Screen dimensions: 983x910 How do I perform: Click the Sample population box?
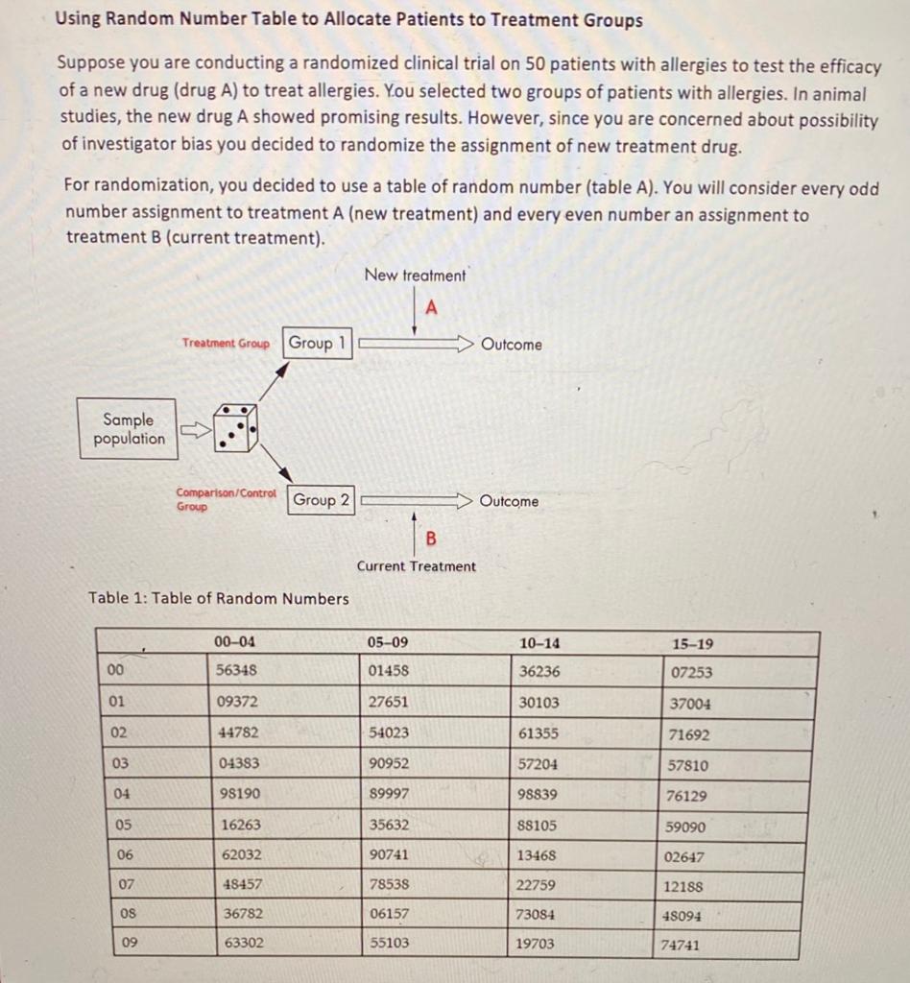click(128, 429)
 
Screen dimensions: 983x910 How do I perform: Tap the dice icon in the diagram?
click(235, 428)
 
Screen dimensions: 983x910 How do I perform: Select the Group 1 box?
click(317, 344)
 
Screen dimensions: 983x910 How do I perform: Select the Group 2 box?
click(321, 500)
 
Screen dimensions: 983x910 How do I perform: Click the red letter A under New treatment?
click(431, 308)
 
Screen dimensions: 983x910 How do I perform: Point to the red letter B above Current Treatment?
click(430, 539)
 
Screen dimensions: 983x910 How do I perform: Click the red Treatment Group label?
click(227, 344)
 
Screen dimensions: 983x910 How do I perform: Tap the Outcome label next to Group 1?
click(511, 345)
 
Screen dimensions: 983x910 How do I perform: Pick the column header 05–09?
click(388, 642)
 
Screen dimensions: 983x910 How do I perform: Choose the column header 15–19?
click(692, 643)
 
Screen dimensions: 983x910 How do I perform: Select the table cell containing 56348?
click(239, 671)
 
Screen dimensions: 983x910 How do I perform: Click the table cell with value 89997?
click(389, 795)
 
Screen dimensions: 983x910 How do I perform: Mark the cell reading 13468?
click(537, 855)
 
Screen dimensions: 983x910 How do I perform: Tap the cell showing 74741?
click(681, 945)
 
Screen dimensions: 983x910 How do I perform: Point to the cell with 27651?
click(388, 702)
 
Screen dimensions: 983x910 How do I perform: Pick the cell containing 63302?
click(243, 944)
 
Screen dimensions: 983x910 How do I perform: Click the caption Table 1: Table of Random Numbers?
click(219, 599)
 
